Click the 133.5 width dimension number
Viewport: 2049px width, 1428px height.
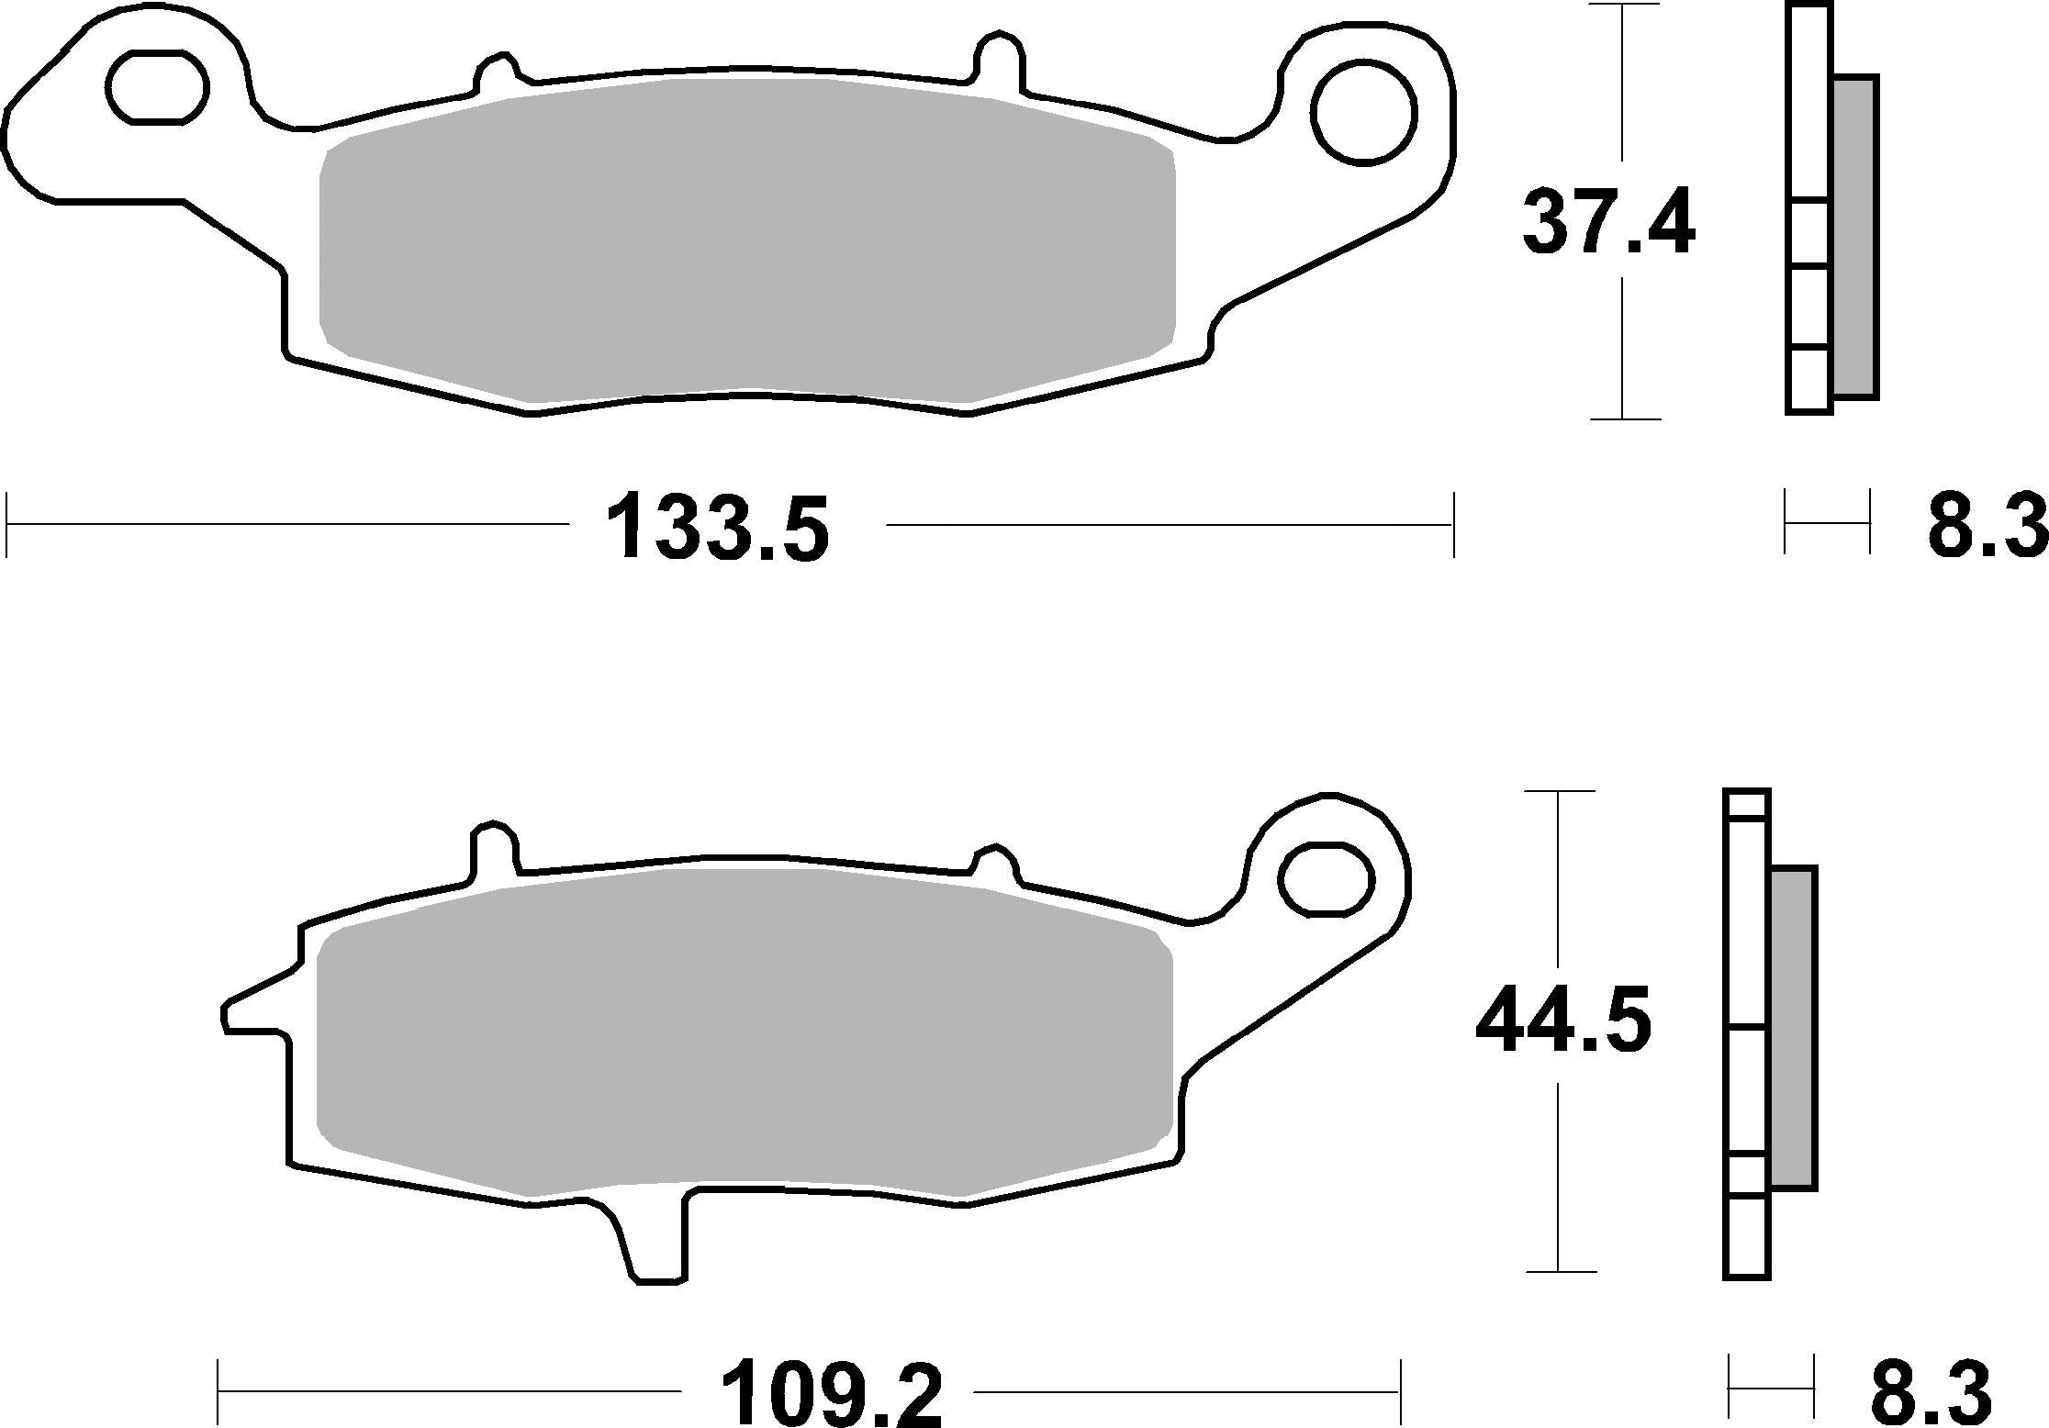(718, 528)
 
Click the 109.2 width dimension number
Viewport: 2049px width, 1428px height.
(833, 1393)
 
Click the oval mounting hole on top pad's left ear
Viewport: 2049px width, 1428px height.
(158, 88)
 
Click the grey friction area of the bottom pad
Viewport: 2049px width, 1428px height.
(744, 1032)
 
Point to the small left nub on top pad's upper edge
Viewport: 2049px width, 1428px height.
(496, 73)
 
